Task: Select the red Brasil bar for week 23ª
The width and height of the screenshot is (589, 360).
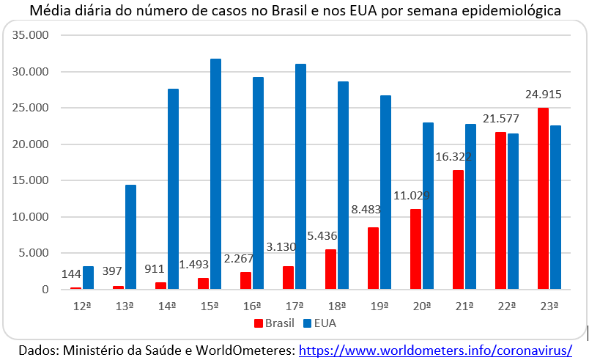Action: coord(543,199)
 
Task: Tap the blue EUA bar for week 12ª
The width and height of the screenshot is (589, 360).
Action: coord(88,278)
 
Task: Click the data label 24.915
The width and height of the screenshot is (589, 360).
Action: coord(543,95)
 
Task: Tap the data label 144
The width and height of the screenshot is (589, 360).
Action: coord(70,273)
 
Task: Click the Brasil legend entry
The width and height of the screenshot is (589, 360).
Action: coord(275,322)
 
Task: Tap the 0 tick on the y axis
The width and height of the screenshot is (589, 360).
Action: coord(45,290)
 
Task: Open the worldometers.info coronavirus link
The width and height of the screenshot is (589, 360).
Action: coord(434,350)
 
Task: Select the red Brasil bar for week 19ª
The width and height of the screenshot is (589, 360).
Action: coord(373,258)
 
